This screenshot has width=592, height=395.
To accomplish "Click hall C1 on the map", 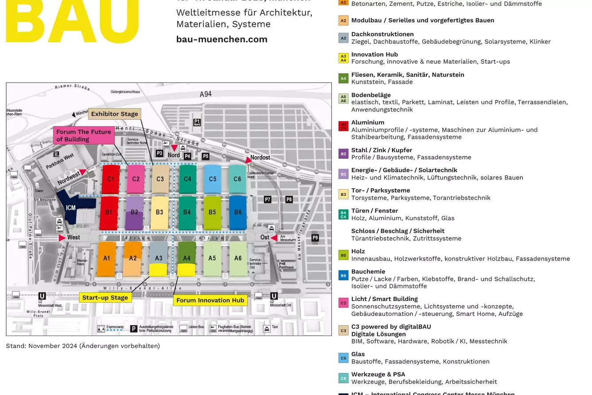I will (x=110, y=179).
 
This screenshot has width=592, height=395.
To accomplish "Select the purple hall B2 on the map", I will (x=134, y=213).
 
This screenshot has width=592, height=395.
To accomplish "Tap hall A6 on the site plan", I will (x=238, y=258).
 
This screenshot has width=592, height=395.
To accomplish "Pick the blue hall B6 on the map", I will (x=238, y=213).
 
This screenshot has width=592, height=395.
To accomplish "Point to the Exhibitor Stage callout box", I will (x=114, y=114).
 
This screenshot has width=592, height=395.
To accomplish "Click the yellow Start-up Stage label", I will (x=105, y=297).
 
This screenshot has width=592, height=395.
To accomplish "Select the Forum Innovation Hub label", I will (x=210, y=300).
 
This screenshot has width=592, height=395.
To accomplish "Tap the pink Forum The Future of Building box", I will (x=83, y=135).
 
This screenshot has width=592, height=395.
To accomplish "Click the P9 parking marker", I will (x=315, y=238).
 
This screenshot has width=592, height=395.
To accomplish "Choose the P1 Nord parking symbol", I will (x=197, y=122).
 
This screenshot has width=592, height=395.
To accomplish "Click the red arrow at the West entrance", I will (x=62, y=238).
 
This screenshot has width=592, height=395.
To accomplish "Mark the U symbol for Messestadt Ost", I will (x=274, y=296).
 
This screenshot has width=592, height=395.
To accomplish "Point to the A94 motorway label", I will (x=206, y=94).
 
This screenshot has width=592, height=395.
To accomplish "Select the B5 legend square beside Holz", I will (x=343, y=255).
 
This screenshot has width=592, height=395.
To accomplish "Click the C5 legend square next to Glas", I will (x=343, y=358).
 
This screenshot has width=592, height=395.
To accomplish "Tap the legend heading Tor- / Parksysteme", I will (x=380, y=190).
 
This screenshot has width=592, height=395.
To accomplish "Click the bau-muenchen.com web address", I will (x=222, y=39).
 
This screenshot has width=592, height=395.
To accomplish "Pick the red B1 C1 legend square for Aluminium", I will (x=343, y=126).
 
